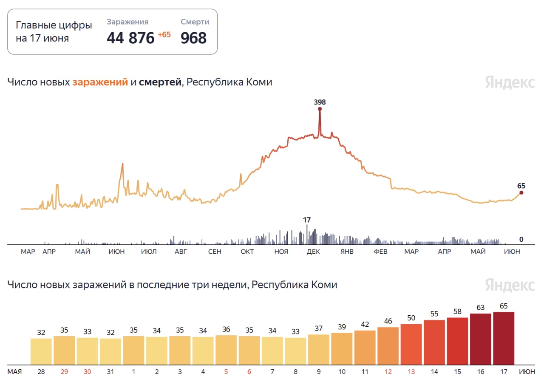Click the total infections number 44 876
pyautogui.click(x=130, y=38)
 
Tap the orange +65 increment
pyautogui.click(x=164, y=35)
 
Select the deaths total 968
pyautogui.click(x=194, y=38)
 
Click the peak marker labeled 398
pyautogui.click(x=320, y=109)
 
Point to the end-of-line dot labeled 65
pyautogui.click(x=521, y=192)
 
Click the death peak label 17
pyautogui.click(x=307, y=220)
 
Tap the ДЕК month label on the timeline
pyautogui.click(x=313, y=252)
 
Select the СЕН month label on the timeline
pyautogui.click(x=215, y=252)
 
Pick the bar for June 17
pyautogui.click(x=504, y=338)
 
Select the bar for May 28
pyautogui.click(x=41, y=351)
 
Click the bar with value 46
pyautogui.click(x=388, y=346)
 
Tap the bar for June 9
pyautogui.click(x=319, y=349)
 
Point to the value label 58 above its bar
pyautogui.click(x=457, y=312)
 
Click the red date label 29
pyautogui.click(x=64, y=372)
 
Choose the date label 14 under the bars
pyautogui.click(x=434, y=372)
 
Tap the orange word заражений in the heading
pyautogui.click(x=100, y=82)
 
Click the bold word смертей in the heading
pyautogui.click(x=160, y=82)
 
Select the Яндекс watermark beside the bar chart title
pyautogui.click(x=510, y=285)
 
